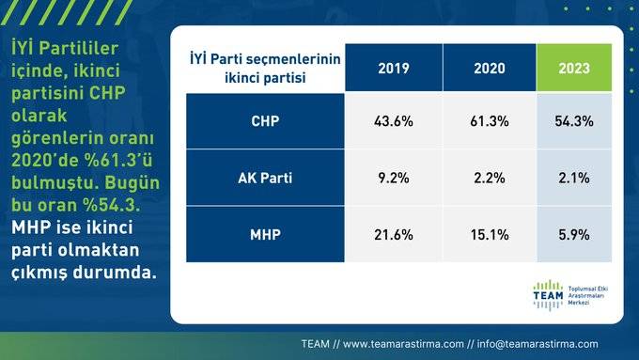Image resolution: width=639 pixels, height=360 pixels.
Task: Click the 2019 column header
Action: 393,69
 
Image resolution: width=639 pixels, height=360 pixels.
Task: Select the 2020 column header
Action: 490,69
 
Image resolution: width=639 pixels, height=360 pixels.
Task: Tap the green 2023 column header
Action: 573,69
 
